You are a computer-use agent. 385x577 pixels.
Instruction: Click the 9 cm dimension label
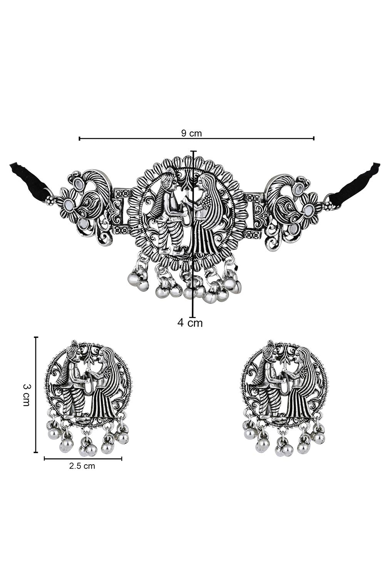(191, 133)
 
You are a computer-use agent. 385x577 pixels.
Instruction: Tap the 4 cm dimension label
(190, 322)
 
